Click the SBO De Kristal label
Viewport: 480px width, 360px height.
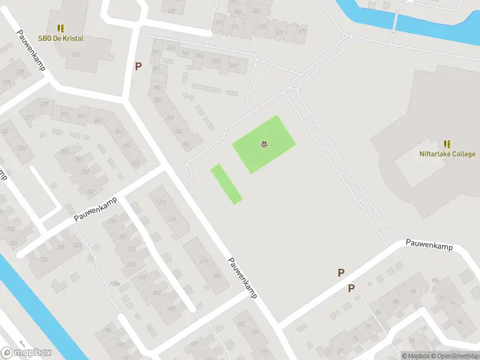coord(61,38)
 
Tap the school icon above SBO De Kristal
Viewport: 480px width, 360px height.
coord(61,28)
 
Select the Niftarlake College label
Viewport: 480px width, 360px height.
coord(447,154)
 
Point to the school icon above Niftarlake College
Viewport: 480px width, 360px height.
coord(447,144)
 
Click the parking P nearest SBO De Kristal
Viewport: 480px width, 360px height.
coord(138,67)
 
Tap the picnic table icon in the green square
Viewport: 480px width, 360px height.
coord(263,143)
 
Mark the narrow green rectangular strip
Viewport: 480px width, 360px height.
coord(226,184)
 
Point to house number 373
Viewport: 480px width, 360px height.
coord(235,26)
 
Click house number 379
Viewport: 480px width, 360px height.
coord(302,31)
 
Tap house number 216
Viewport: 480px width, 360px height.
coord(163,203)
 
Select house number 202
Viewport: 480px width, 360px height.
coord(157,292)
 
